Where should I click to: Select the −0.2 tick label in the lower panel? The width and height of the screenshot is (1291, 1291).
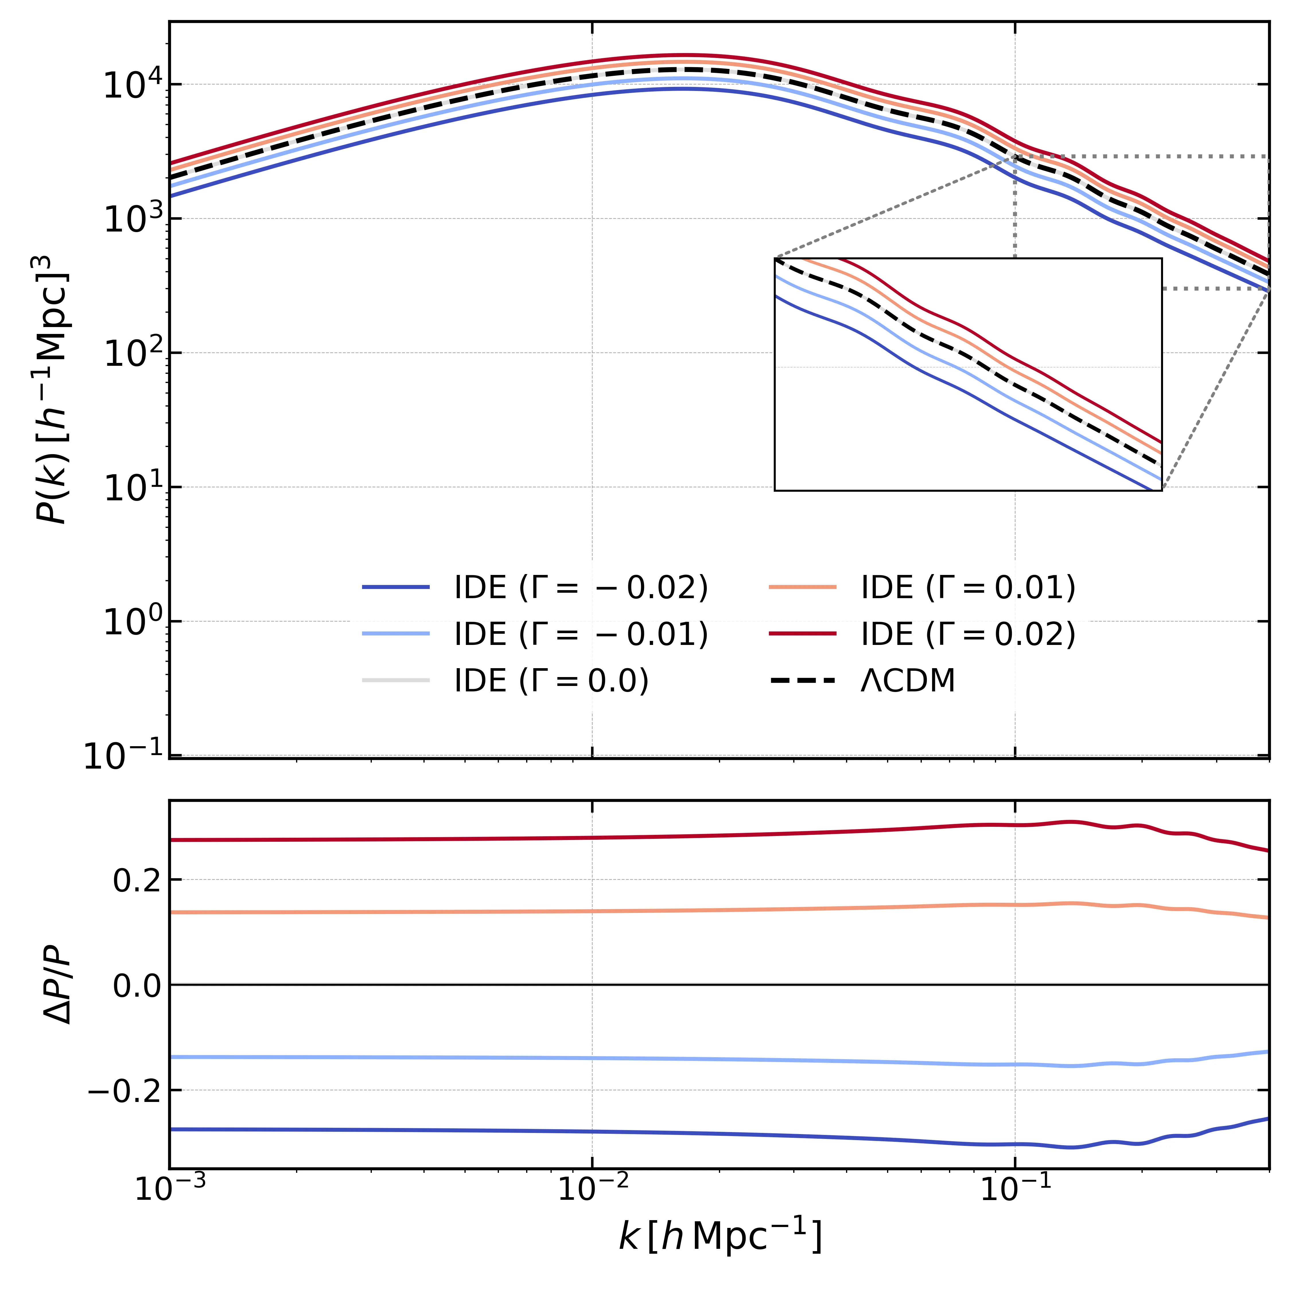click(125, 1092)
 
